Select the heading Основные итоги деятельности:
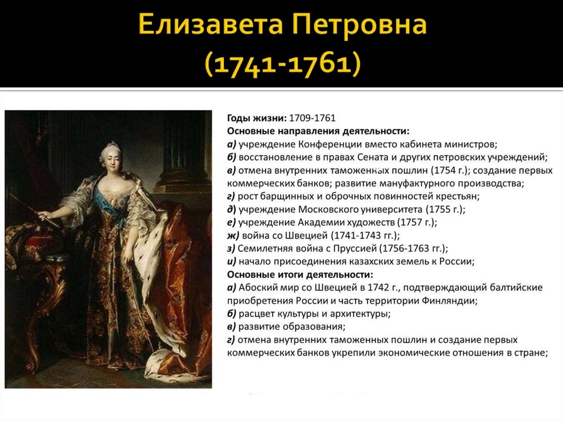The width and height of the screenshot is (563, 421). (300, 274)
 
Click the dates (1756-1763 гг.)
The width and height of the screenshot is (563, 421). (411, 248)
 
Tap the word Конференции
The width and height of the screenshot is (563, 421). (328, 144)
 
